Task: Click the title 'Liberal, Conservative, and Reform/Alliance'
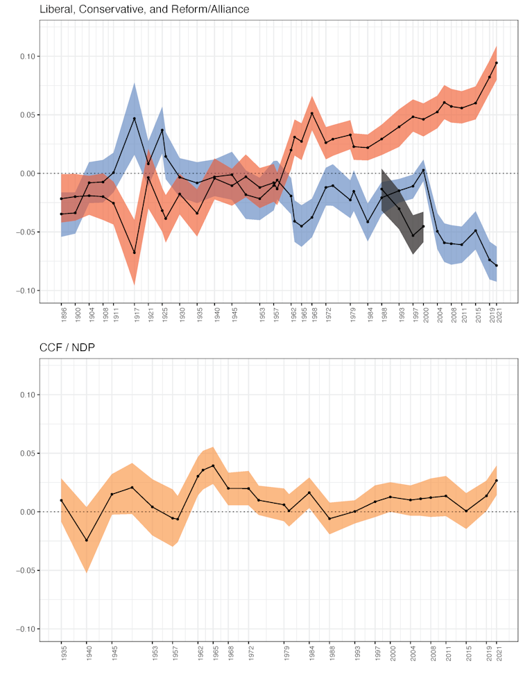pos(144,9)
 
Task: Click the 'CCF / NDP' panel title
pos(68,348)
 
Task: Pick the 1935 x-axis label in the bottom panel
pos(62,653)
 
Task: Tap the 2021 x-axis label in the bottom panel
pos(497,653)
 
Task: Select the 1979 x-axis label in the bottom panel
pos(284,653)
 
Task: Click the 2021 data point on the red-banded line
pos(497,63)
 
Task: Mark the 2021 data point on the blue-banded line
pos(497,266)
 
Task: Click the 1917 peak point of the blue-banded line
pos(135,119)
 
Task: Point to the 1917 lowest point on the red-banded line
pos(135,252)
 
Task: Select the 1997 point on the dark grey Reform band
pos(413,235)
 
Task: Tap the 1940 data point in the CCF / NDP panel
pos(87,540)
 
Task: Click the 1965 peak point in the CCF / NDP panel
pos(213,465)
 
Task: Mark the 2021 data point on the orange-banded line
pos(497,481)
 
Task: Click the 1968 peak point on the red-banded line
pos(312,113)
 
